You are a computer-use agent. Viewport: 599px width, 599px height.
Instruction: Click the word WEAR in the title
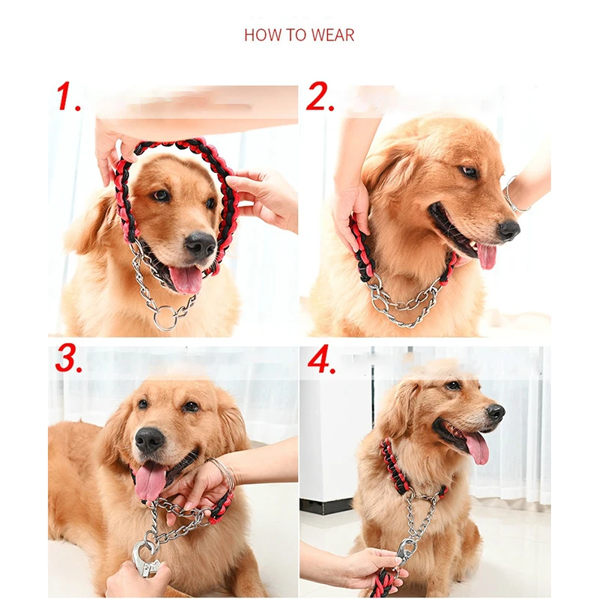click(332, 35)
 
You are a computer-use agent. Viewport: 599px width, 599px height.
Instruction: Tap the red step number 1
click(68, 96)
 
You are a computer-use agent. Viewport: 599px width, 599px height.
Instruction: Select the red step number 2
click(320, 97)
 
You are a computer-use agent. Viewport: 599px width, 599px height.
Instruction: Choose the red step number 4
click(322, 359)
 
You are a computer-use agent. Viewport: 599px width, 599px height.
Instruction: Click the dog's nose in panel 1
click(201, 244)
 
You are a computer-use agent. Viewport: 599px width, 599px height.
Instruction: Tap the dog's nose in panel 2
click(509, 230)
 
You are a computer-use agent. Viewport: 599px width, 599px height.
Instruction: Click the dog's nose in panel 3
click(150, 440)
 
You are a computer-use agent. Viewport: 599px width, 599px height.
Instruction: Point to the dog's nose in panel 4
click(496, 413)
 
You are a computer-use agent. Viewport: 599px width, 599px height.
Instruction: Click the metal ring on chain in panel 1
click(165, 317)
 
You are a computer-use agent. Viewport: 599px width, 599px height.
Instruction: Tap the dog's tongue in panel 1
click(186, 279)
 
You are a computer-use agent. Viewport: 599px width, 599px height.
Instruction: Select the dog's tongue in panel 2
click(486, 255)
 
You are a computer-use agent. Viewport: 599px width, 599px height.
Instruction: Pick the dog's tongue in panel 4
click(476, 448)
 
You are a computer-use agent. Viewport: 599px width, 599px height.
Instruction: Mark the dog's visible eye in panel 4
click(453, 385)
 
